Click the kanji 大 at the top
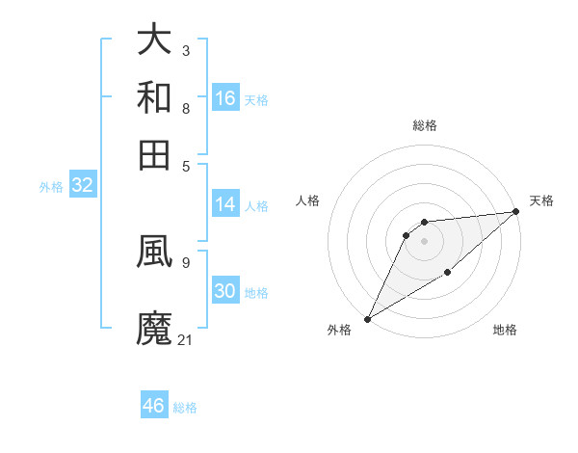pyautogui.click(x=155, y=40)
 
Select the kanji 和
pyautogui.click(x=155, y=97)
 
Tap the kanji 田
pyautogui.click(x=155, y=154)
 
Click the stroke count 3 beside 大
pyautogui.click(x=185, y=50)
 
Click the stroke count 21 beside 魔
pyautogui.click(x=186, y=339)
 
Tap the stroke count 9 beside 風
pyautogui.click(x=185, y=260)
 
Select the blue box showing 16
pyautogui.click(x=225, y=98)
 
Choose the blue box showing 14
pyautogui.click(x=225, y=204)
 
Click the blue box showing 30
pyautogui.click(x=225, y=292)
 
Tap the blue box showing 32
pyautogui.click(x=82, y=186)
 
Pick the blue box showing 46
pyautogui.click(x=154, y=406)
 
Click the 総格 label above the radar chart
pyautogui.click(x=425, y=125)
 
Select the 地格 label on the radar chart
pyautogui.click(x=505, y=331)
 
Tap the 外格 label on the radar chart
pyautogui.click(x=339, y=331)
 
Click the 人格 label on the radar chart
pyautogui.click(x=308, y=200)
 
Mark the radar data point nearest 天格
pyautogui.click(x=515, y=212)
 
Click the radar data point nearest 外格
pyautogui.click(x=367, y=318)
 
